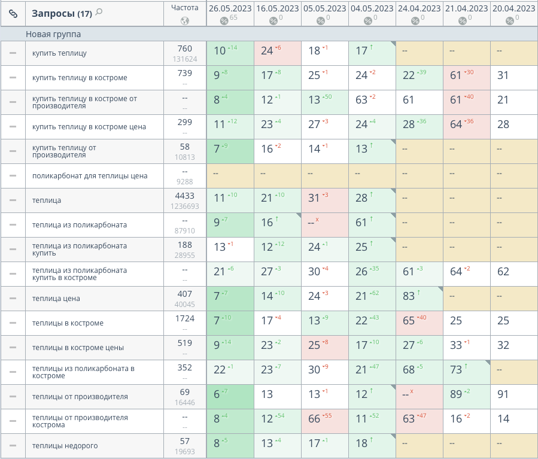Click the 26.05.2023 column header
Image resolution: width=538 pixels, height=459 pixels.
coord(230,8)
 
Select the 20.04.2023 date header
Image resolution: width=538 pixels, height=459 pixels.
coord(513,8)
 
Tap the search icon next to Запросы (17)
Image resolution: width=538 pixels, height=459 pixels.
coord(99,12)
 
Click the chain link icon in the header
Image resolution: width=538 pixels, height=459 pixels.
coord(13,13)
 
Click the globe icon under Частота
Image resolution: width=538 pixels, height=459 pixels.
coord(185,21)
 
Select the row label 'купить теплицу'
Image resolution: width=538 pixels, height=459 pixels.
coord(59,53)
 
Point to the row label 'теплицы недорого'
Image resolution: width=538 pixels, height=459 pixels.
coord(65,446)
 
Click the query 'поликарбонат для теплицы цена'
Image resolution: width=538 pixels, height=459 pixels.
coord(90,176)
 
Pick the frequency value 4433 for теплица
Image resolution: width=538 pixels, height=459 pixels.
coord(185,196)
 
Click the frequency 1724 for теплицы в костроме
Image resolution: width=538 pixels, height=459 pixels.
coord(185,318)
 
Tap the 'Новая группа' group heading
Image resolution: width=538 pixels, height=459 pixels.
coord(53,34)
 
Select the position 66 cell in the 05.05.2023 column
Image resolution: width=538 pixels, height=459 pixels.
coord(315,419)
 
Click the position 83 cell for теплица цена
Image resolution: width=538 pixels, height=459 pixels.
coord(409,299)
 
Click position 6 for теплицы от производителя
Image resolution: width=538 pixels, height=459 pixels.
coord(217,394)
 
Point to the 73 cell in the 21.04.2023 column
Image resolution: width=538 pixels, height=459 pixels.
coord(457,370)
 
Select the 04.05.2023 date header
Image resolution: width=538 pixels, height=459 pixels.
coord(372,8)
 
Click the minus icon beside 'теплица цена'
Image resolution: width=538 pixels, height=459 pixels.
coord(13,299)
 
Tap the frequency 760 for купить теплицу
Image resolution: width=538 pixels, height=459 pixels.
coord(185,48)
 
